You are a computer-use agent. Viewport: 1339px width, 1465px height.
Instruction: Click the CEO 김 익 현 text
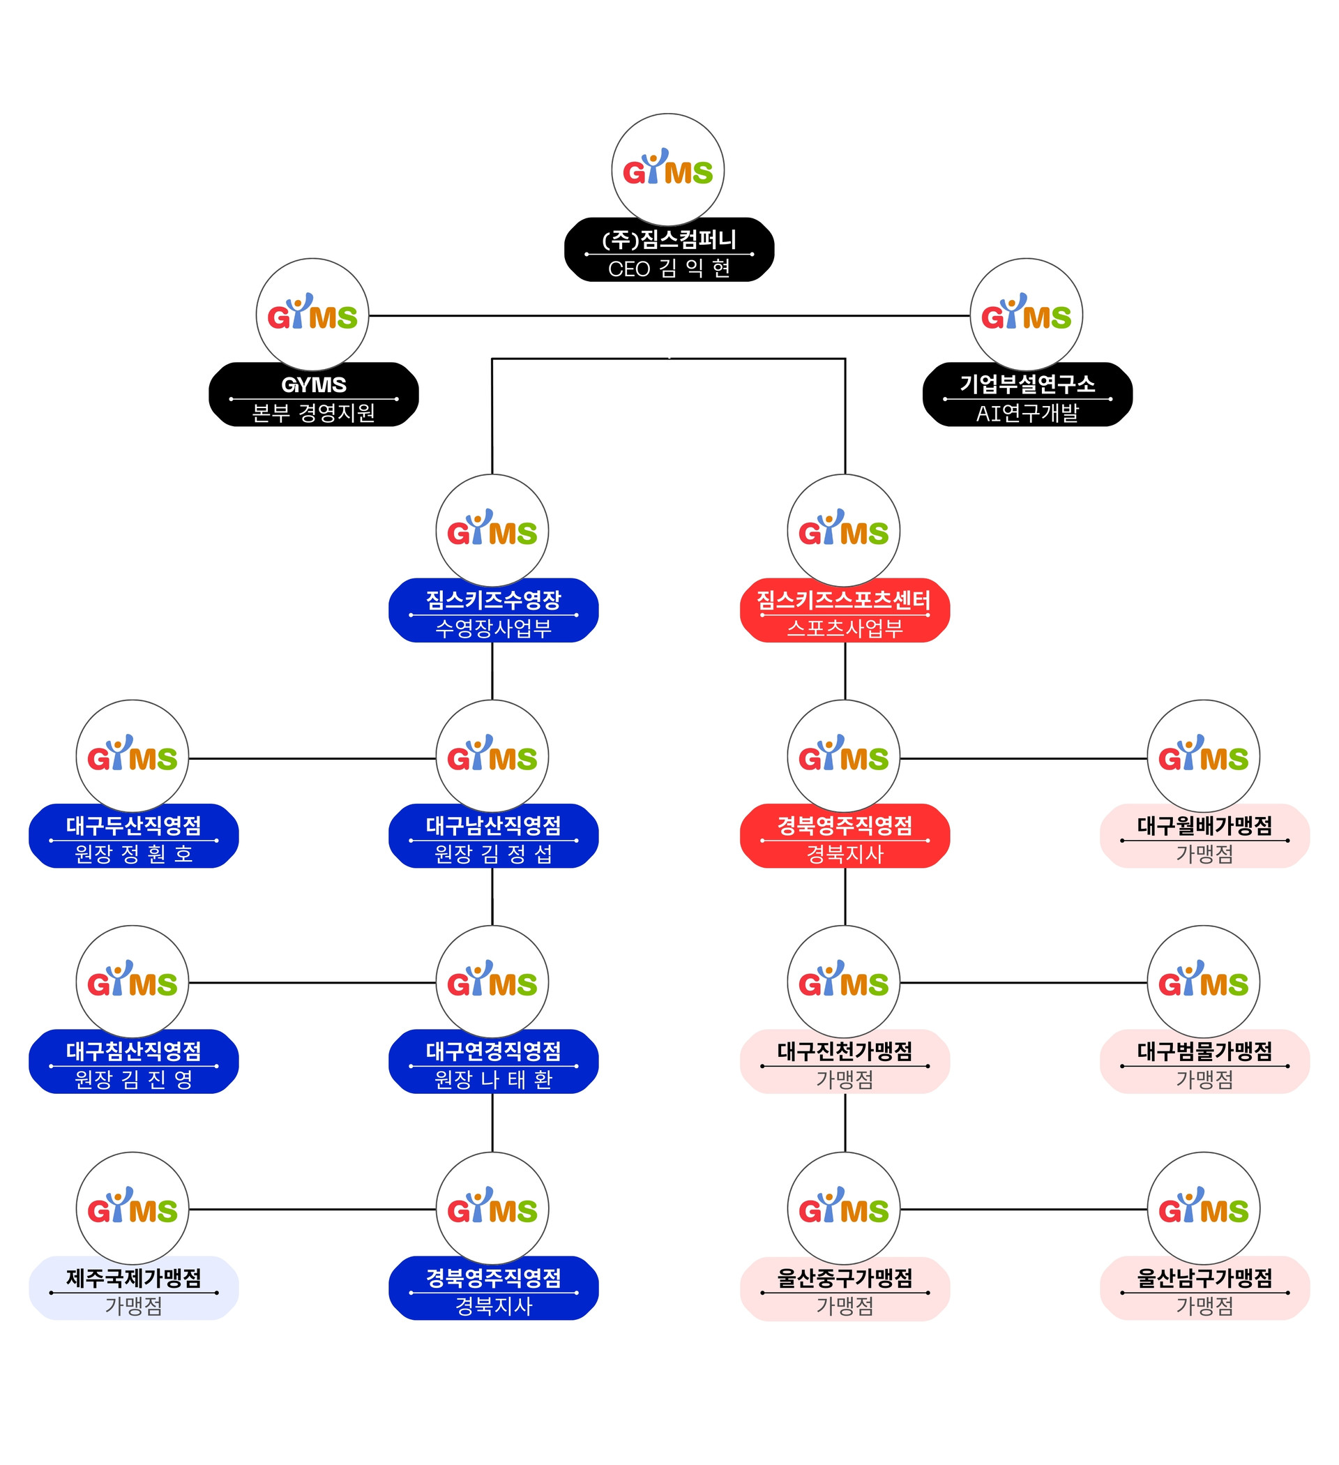click(668, 269)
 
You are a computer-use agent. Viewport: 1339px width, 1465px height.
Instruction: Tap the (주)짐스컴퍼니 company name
click(668, 239)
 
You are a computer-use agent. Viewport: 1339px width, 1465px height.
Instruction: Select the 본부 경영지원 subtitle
click(313, 413)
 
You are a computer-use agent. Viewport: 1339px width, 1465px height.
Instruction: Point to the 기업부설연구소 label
click(1027, 384)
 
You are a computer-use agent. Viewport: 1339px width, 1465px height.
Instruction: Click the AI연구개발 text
click(1027, 414)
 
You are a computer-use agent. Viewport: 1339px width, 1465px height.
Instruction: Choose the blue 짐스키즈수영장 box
click(493, 610)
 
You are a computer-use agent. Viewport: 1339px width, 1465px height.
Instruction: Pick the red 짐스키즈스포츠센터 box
click(845, 610)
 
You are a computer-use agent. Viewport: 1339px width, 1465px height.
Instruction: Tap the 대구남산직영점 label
click(493, 825)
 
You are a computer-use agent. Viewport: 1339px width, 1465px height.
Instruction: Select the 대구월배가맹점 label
click(1204, 825)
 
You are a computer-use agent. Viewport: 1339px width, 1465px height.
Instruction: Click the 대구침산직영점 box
click(134, 1062)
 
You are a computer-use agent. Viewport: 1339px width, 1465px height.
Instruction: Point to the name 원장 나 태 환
click(493, 1079)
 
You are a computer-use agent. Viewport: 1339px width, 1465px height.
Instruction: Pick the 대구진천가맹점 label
click(845, 1051)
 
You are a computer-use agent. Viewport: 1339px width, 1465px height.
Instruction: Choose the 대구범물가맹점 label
click(1204, 1051)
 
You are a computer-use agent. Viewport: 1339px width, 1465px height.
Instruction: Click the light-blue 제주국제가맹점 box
click(134, 1289)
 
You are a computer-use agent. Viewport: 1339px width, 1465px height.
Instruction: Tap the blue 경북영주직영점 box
click(493, 1289)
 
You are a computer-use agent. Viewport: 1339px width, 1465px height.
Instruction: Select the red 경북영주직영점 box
click(845, 836)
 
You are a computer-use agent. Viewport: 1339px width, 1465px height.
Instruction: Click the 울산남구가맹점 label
click(1204, 1277)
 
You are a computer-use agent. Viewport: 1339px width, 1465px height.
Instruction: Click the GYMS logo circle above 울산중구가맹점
click(844, 1208)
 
